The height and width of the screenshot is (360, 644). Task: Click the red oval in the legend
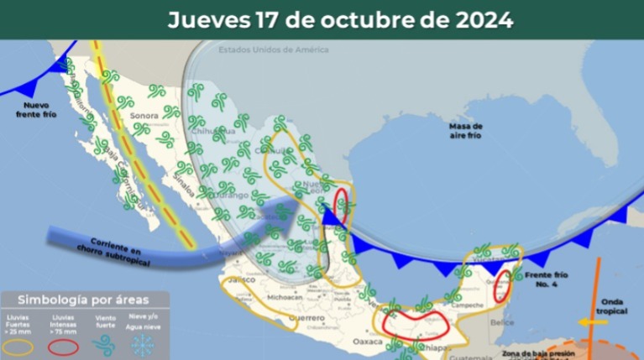coord(65,346)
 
